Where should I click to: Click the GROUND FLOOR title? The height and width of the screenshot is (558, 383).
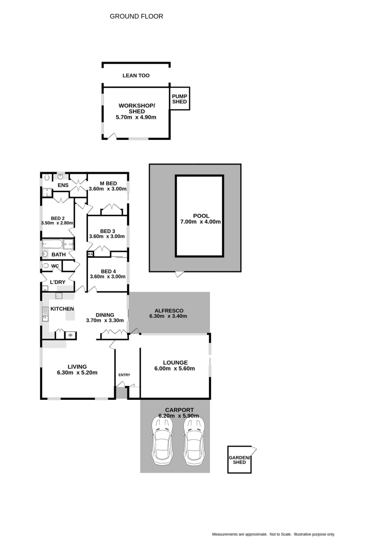click(x=136, y=16)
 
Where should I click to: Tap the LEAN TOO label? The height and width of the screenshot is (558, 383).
click(x=136, y=75)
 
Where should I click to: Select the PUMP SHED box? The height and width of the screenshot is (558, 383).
click(x=180, y=98)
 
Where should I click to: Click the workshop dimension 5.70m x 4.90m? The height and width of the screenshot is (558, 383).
click(x=136, y=117)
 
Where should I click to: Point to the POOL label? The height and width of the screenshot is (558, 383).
click(x=201, y=216)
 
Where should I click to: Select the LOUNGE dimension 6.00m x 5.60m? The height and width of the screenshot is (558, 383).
click(x=175, y=369)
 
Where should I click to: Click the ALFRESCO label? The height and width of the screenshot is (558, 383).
click(x=169, y=311)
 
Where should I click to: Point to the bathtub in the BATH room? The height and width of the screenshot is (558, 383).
click(x=52, y=244)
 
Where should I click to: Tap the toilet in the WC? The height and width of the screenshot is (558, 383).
click(x=46, y=265)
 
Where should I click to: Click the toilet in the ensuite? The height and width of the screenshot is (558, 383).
click(x=47, y=177)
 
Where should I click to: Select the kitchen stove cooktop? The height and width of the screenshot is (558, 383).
click(x=59, y=296)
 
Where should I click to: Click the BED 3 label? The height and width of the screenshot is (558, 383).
click(x=108, y=231)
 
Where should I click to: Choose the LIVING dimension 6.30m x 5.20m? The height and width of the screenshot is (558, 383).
click(x=77, y=373)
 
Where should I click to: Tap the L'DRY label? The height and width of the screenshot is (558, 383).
click(x=57, y=282)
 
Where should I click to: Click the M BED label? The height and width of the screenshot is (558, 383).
click(x=108, y=183)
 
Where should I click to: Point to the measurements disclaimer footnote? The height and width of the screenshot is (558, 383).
click(x=273, y=534)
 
